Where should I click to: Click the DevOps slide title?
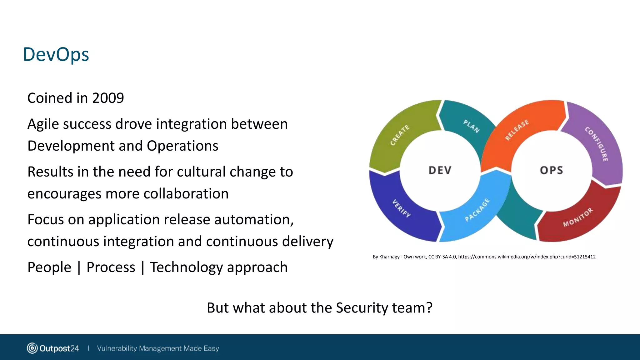pos(56,55)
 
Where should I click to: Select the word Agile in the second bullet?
pos(43,124)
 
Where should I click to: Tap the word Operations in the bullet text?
pos(182,146)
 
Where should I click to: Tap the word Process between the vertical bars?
pos(111,267)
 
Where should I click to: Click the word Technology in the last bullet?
pos(186,267)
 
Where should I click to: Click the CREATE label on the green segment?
pos(399,135)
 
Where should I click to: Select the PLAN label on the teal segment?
pos(471,126)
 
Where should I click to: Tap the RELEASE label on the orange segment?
pos(517,130)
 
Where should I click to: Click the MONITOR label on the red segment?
pos(578,217)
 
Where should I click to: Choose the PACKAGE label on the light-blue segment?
pos(477,210)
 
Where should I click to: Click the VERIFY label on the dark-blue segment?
pos(402,208)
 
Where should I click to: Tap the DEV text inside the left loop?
pos(440,170)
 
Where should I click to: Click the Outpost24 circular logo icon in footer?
pos(32,348)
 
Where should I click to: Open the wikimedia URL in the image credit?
pos(527,257)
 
